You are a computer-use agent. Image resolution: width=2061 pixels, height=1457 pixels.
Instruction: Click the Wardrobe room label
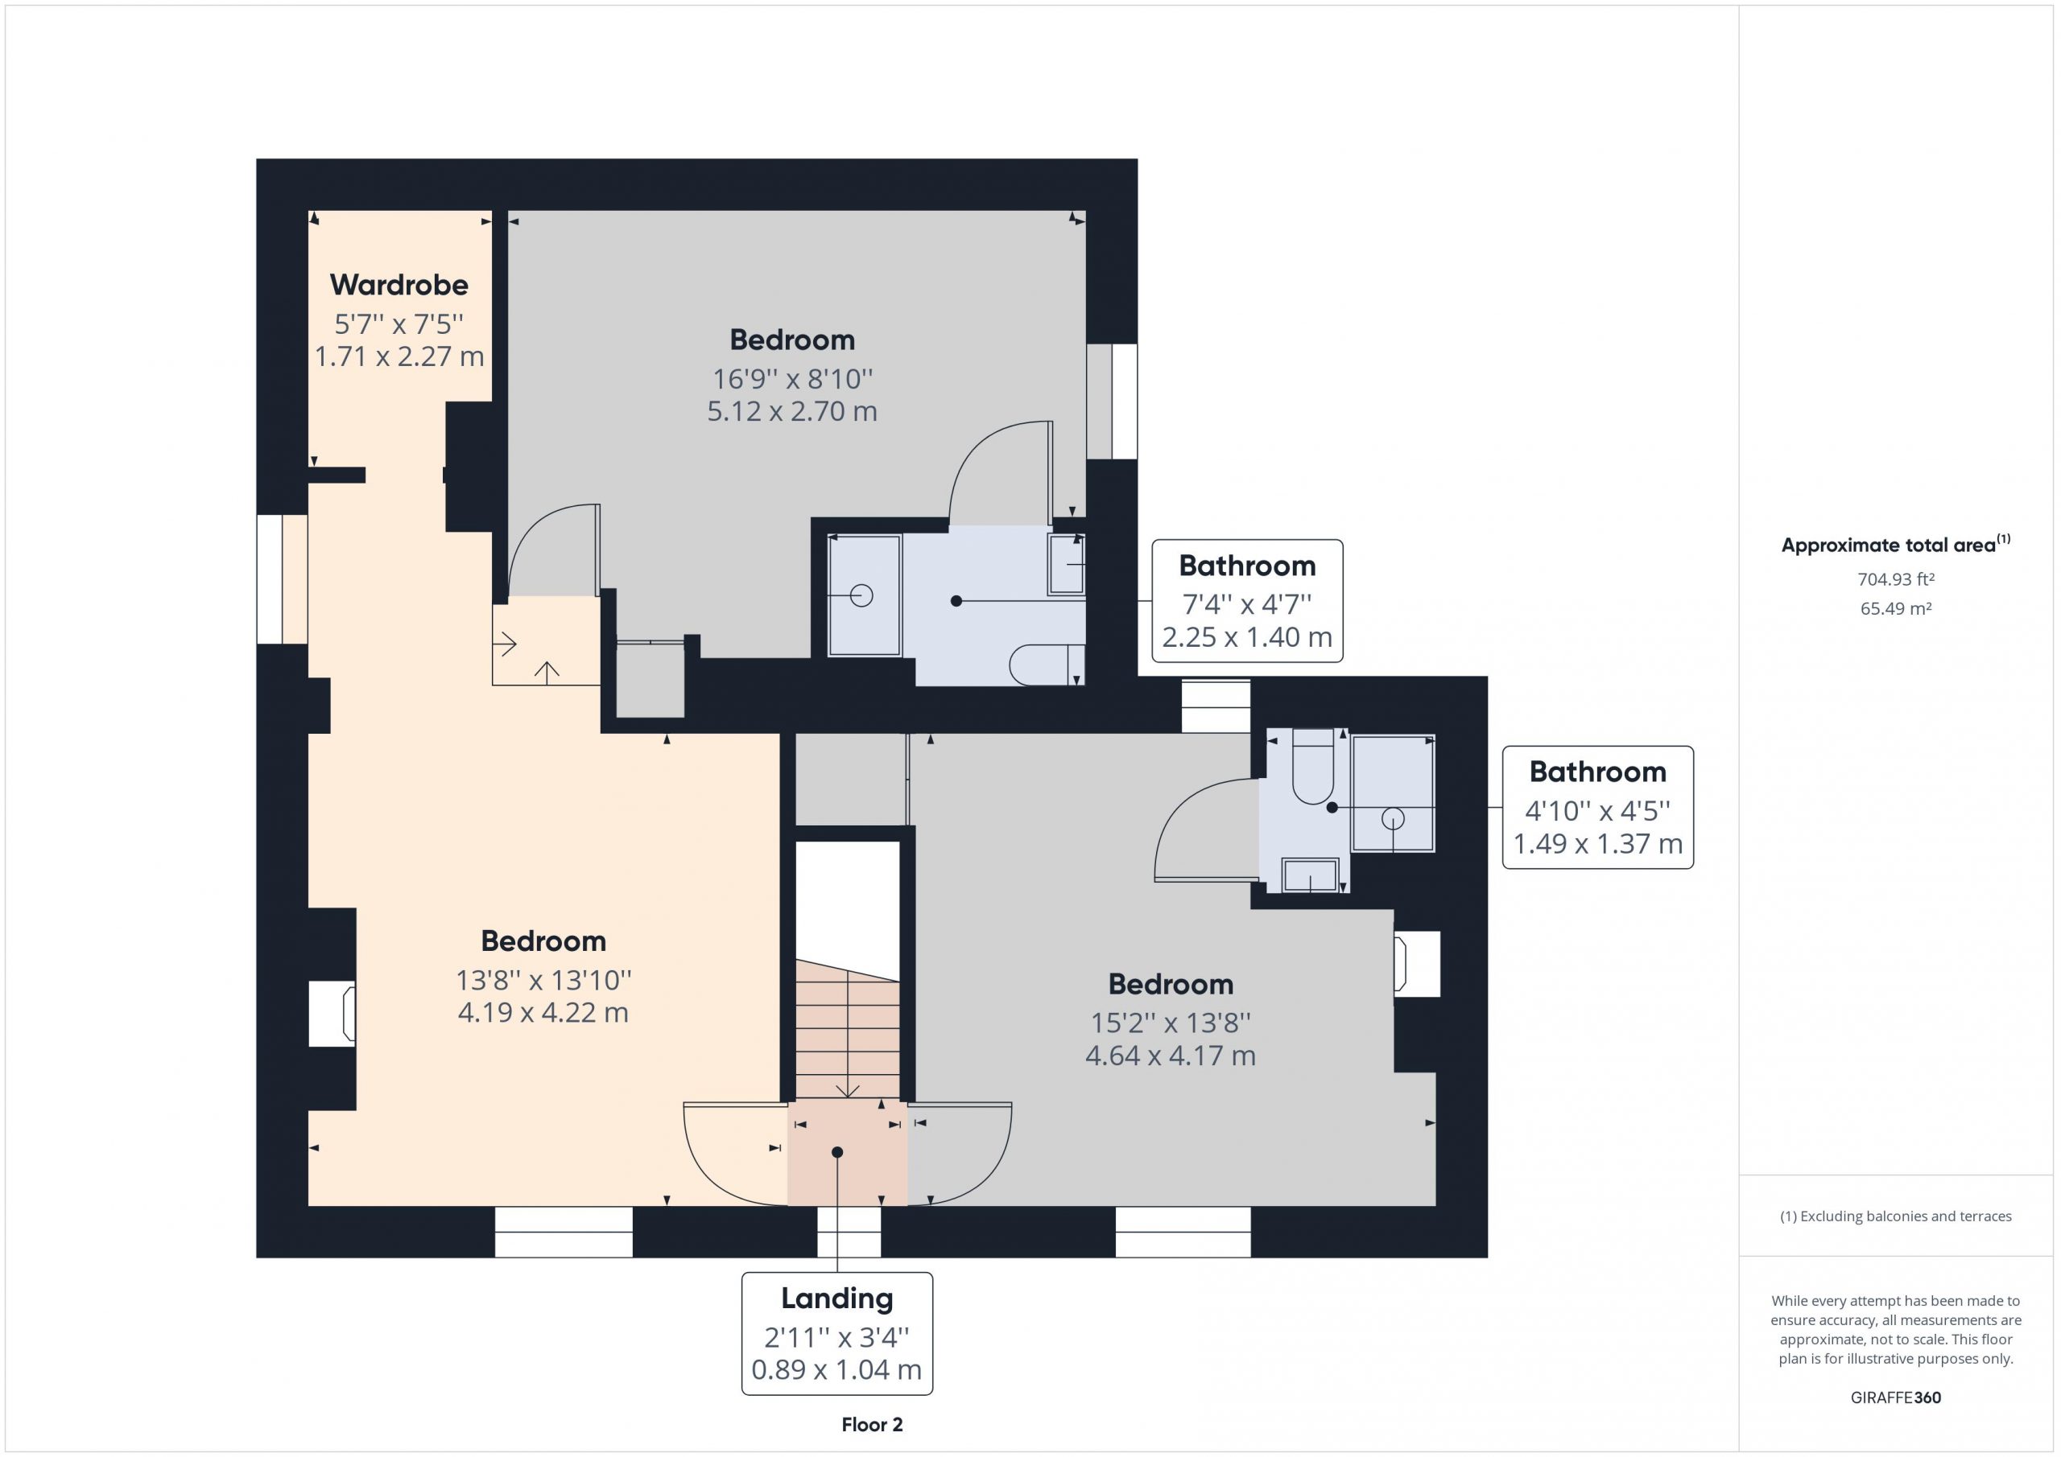(x=399, y=285)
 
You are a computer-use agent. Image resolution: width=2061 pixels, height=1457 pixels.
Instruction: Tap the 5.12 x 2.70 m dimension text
(x=791, y=411)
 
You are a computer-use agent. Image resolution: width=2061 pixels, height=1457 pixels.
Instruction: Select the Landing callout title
(x=836, y=1299)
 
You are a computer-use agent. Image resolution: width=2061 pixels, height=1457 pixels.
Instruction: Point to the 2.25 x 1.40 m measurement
(x=1247, y=637)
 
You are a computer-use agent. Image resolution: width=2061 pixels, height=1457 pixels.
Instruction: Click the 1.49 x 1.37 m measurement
(x=1598, y=843)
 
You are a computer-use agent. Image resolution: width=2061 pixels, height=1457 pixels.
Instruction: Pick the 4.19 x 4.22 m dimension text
(x=543, y=1012)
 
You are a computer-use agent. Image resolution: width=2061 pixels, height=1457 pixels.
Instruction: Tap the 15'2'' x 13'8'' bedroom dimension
(x=1171, y=1022)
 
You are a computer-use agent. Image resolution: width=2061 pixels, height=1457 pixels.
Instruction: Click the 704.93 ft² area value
(x=1896, y=579)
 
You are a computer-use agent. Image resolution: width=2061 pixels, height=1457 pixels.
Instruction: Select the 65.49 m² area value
(x=1896, y=608)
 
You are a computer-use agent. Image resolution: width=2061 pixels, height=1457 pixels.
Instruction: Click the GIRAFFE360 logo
(x=1896, y=1397)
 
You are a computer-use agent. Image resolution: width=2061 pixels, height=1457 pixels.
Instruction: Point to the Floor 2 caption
(x=872, y=1425)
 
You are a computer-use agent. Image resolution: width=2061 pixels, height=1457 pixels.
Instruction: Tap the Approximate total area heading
(x=1896, y=544)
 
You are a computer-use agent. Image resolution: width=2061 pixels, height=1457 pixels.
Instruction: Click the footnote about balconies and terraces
(x=1896, y=1216)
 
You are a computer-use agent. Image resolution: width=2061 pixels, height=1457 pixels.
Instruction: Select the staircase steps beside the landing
(x=848, y=1030)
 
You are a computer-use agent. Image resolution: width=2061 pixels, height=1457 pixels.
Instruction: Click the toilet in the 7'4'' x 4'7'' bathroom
(x=1047, y=665)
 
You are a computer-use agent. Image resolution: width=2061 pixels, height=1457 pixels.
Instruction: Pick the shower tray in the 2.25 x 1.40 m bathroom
(x=865, y=595)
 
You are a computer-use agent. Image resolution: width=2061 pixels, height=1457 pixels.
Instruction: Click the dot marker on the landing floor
(x=836, y=1152)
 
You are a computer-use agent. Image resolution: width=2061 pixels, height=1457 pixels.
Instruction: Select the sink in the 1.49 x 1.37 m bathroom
(x=1311, y=875)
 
